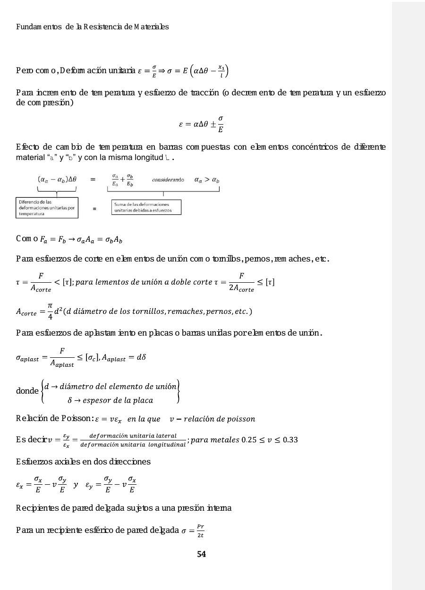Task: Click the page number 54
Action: click(202, 554)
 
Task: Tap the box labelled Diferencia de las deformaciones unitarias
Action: click(47, 208)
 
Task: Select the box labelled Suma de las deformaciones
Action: click(146, 207)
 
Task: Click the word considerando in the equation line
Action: click(168, 180)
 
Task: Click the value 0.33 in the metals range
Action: click(289, 440)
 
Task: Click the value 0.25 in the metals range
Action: click(249, 440)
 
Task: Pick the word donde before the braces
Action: click(27, 391)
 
